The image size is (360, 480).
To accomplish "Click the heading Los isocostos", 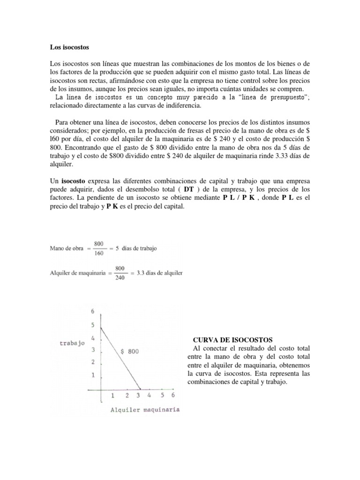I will point(69,47).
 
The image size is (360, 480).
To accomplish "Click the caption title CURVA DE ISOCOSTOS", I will point(232,339).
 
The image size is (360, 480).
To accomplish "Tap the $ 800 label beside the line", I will point(129,351).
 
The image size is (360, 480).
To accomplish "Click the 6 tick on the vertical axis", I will point(93,311).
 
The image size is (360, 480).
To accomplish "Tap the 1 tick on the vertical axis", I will point(93,375).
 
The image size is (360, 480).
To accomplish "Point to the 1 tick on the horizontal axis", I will point(112,396).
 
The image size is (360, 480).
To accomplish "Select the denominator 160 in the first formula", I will point(98,254).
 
